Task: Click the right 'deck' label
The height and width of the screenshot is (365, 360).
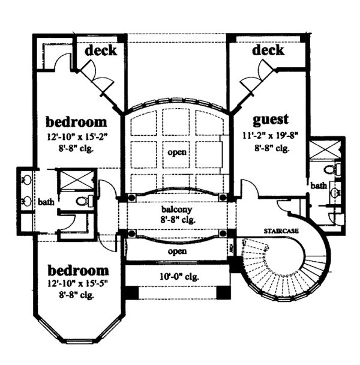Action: pos(268,50)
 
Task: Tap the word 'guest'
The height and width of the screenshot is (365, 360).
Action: pos(271,118)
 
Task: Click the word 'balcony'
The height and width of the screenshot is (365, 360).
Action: pos(176,211)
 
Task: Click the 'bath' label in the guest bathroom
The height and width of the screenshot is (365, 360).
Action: pos(319,186)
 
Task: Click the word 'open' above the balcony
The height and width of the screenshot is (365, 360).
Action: pos(176,152)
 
